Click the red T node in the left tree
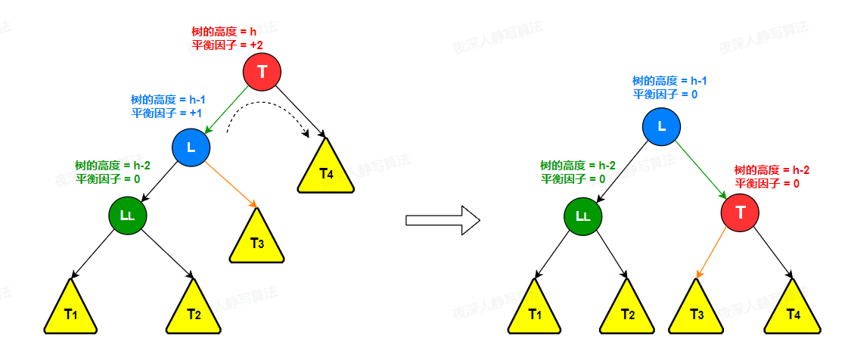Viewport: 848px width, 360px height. click(x=262, y=73)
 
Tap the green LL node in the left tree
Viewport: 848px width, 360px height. click(x=127, y=216)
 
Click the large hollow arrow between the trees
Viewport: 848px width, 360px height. click(x=443, y=220)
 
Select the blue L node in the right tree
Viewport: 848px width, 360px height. click(x=662, y=126)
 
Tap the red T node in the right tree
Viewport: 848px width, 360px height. click(x=740, y=213)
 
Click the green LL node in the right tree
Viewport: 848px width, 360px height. click(x=582, y=216)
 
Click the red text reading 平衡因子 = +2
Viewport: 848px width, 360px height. click(x=227, y=46)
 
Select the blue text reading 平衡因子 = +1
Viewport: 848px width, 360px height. click(x=166, y=113)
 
